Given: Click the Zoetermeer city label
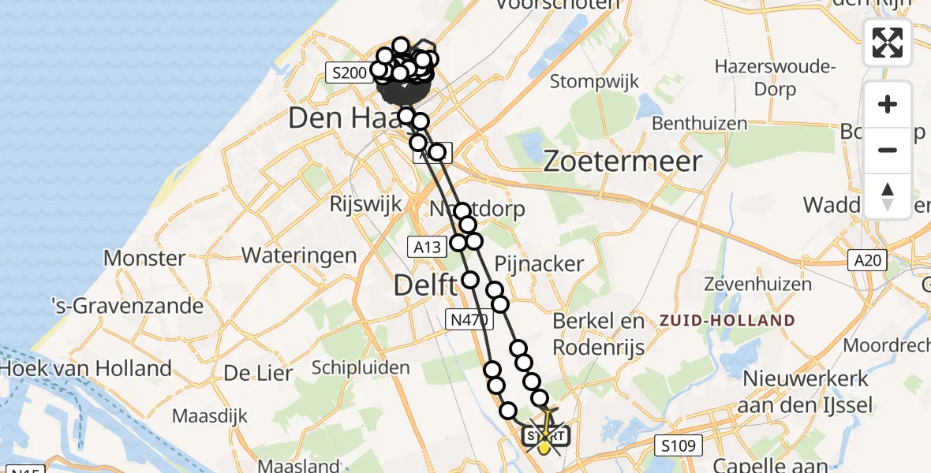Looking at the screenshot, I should click(623, 162).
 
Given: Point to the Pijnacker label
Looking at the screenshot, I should click(539, 263).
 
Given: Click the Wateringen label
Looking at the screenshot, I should click(299, 255).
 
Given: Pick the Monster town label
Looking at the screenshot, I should click(144, 258).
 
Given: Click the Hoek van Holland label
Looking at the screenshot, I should click(86, 368).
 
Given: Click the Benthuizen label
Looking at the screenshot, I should click(700, 124).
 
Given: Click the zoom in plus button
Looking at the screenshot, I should click(888, 104).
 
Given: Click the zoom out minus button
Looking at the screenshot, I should click(888, 150).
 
